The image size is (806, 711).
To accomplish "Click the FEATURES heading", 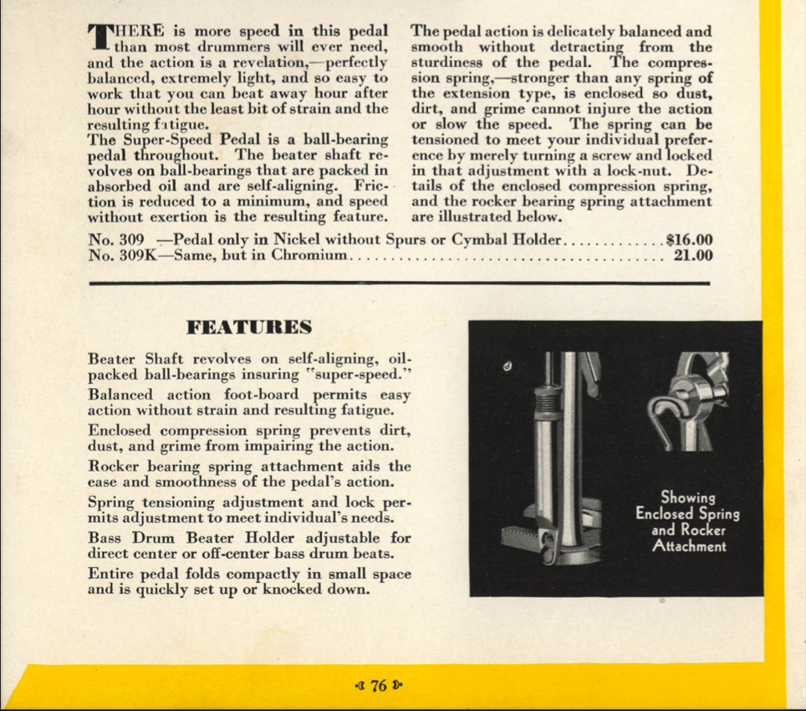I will pyautogui.click(x=250, y=326).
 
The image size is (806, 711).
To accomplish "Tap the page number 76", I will pyautogui.click(x=379, y=686).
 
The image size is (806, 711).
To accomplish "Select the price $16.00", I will pyautogui.click(x=690, y=240).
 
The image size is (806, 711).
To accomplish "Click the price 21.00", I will pyautogui.click(x=693, y=256).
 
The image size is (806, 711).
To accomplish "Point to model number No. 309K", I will pyautogui.click(x=116, y=256).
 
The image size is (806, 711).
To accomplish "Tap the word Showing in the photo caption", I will pyautogui.click(x=687, y=499).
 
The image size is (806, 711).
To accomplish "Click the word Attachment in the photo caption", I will pyautogui.click(x=688, y=547).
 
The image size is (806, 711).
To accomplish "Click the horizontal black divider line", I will pyautogui.click(x=399, y=284).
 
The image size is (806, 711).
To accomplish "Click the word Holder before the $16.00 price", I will pyautogui.click(x=534, y=240).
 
